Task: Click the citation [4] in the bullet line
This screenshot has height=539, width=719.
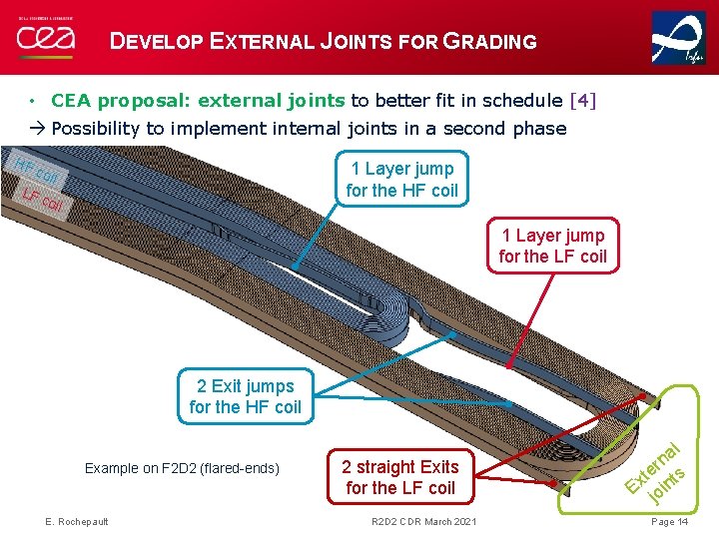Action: (x=581, y=100)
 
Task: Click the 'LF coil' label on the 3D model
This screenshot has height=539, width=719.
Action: (x=43, y=201)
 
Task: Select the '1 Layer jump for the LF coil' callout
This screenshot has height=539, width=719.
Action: (x=552, y=247)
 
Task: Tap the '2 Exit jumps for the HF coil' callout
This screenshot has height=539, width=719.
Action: (x=245, y=396)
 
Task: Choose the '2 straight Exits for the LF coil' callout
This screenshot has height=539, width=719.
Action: (x=399, y=477)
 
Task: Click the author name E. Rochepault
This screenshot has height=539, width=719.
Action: (x=77, y=522)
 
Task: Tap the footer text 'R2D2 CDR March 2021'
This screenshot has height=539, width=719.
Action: (x=423, y=522)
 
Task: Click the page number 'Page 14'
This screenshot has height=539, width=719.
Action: (x=669, y=522)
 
